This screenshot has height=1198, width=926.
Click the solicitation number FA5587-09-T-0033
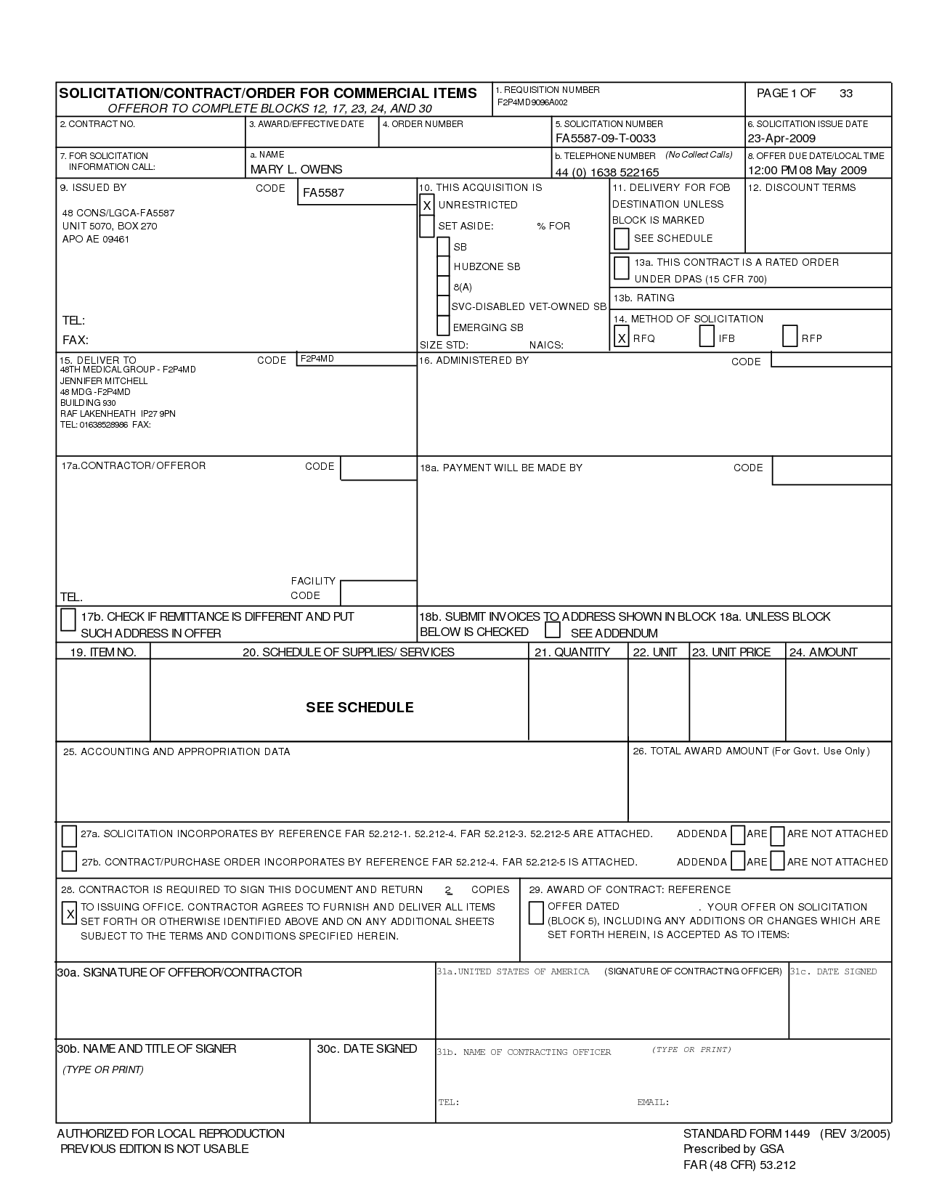tap(605, 138)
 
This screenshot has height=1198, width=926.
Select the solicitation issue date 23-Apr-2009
tap(781, 138)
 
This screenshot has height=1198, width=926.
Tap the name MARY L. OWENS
tap(296, 169)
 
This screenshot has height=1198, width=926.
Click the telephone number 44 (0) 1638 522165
tap(607, 172)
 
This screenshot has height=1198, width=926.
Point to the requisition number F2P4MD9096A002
tap(532, 102)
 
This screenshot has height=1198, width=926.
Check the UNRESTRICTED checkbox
tap(427, 205)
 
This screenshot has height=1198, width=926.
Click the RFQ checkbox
tap(621, 338)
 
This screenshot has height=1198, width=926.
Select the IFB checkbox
tap(707, 337)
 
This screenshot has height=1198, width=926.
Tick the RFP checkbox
tap(790, 337)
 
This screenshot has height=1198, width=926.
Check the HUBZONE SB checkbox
tap(444, 266)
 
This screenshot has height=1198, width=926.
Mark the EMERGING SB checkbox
tap(443, 327)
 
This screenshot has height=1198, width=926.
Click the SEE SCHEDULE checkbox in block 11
tap(621, 238)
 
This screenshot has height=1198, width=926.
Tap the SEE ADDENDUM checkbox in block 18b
tap(553, 630)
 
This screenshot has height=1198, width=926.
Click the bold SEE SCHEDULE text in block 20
tap(360, 707)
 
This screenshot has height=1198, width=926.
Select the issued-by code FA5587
tap(324, 193)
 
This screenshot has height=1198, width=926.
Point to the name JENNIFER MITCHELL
tap(104, 381)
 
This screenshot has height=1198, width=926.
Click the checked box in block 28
tap(70, 914)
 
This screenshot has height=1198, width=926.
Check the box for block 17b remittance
tap(68, 619)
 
